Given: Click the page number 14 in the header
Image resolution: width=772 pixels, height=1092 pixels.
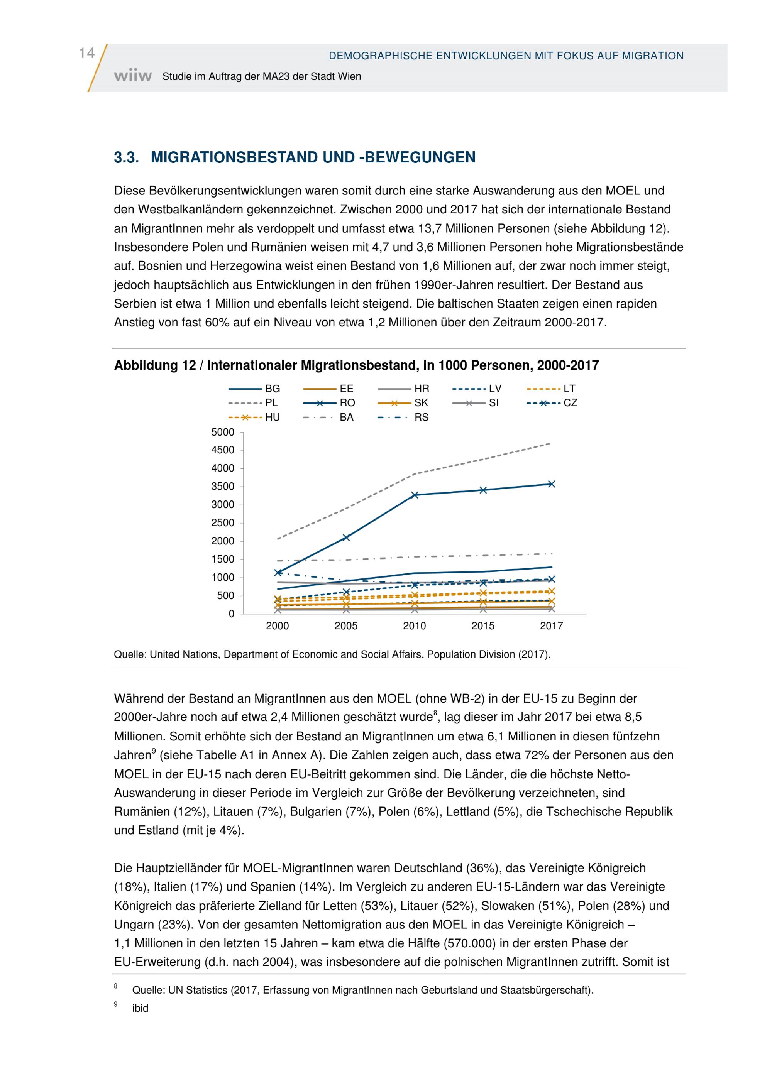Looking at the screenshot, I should (x=86, y=53).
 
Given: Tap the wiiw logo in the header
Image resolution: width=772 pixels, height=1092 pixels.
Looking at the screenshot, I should (x=133, y=76).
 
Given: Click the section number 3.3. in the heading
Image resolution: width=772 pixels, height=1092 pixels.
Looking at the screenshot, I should (x=126, y=157).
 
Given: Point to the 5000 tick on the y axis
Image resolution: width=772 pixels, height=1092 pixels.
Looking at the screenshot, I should (x=223, y=432).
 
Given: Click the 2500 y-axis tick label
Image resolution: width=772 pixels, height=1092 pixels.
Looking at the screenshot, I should (x=223, y=523).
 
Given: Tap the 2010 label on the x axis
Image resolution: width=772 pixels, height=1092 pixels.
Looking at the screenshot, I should (x=414, y=626).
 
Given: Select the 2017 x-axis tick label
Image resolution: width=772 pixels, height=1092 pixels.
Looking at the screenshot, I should (x=551, y=626).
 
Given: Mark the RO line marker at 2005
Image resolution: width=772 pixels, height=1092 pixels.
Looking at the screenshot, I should (x=346, y=538).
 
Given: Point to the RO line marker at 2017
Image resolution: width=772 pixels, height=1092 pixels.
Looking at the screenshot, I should (x=552, y=484).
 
